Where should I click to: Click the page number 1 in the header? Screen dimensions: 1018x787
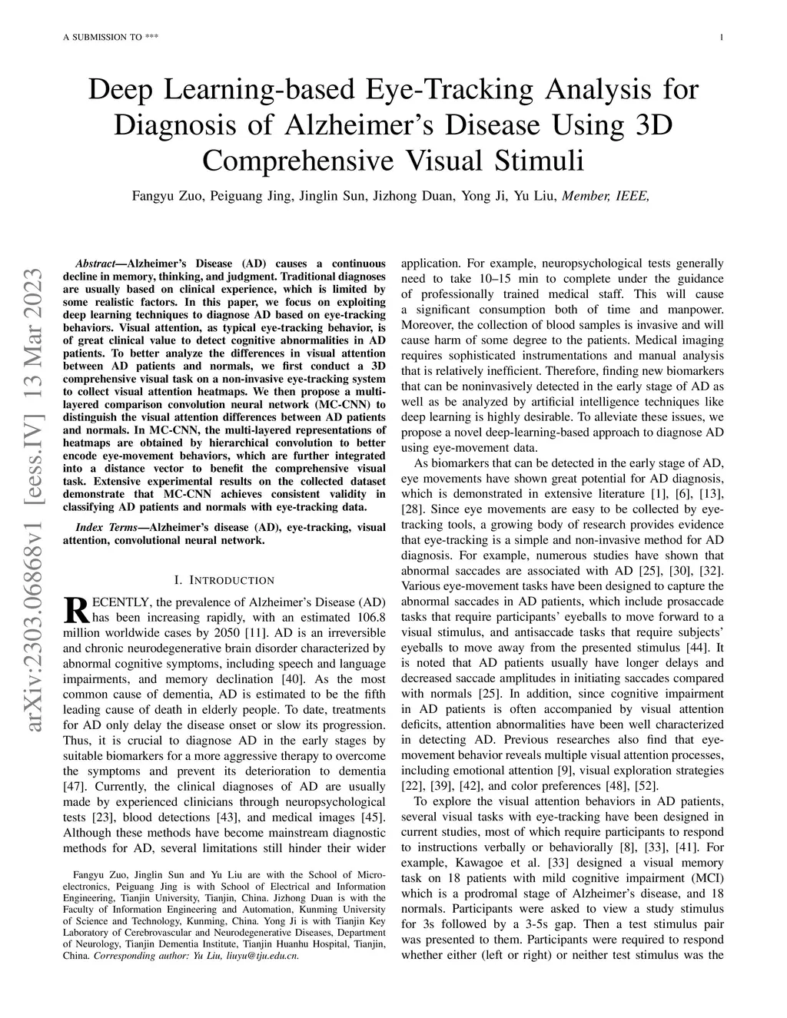pyautogui.click(x=723, y=38)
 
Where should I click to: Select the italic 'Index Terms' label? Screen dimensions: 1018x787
pyautogui.click(x=104, y=528)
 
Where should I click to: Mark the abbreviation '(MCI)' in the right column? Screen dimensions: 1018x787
pyautogui.click(x=706, y=878)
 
